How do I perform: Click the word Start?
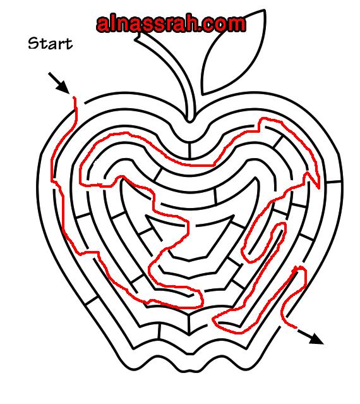pos(51,43)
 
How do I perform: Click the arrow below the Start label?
pos(59,83)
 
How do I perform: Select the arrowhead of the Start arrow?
pos(64,89)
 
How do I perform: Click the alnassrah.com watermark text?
pos(171,24)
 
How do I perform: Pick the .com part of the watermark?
pos(221,25)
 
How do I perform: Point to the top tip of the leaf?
pos(264,11)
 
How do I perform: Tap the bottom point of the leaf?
pos(203,94)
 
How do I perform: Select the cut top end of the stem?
pos(138,37)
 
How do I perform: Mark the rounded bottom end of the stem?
pos(189,119)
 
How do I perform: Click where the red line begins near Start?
pos(75,98)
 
